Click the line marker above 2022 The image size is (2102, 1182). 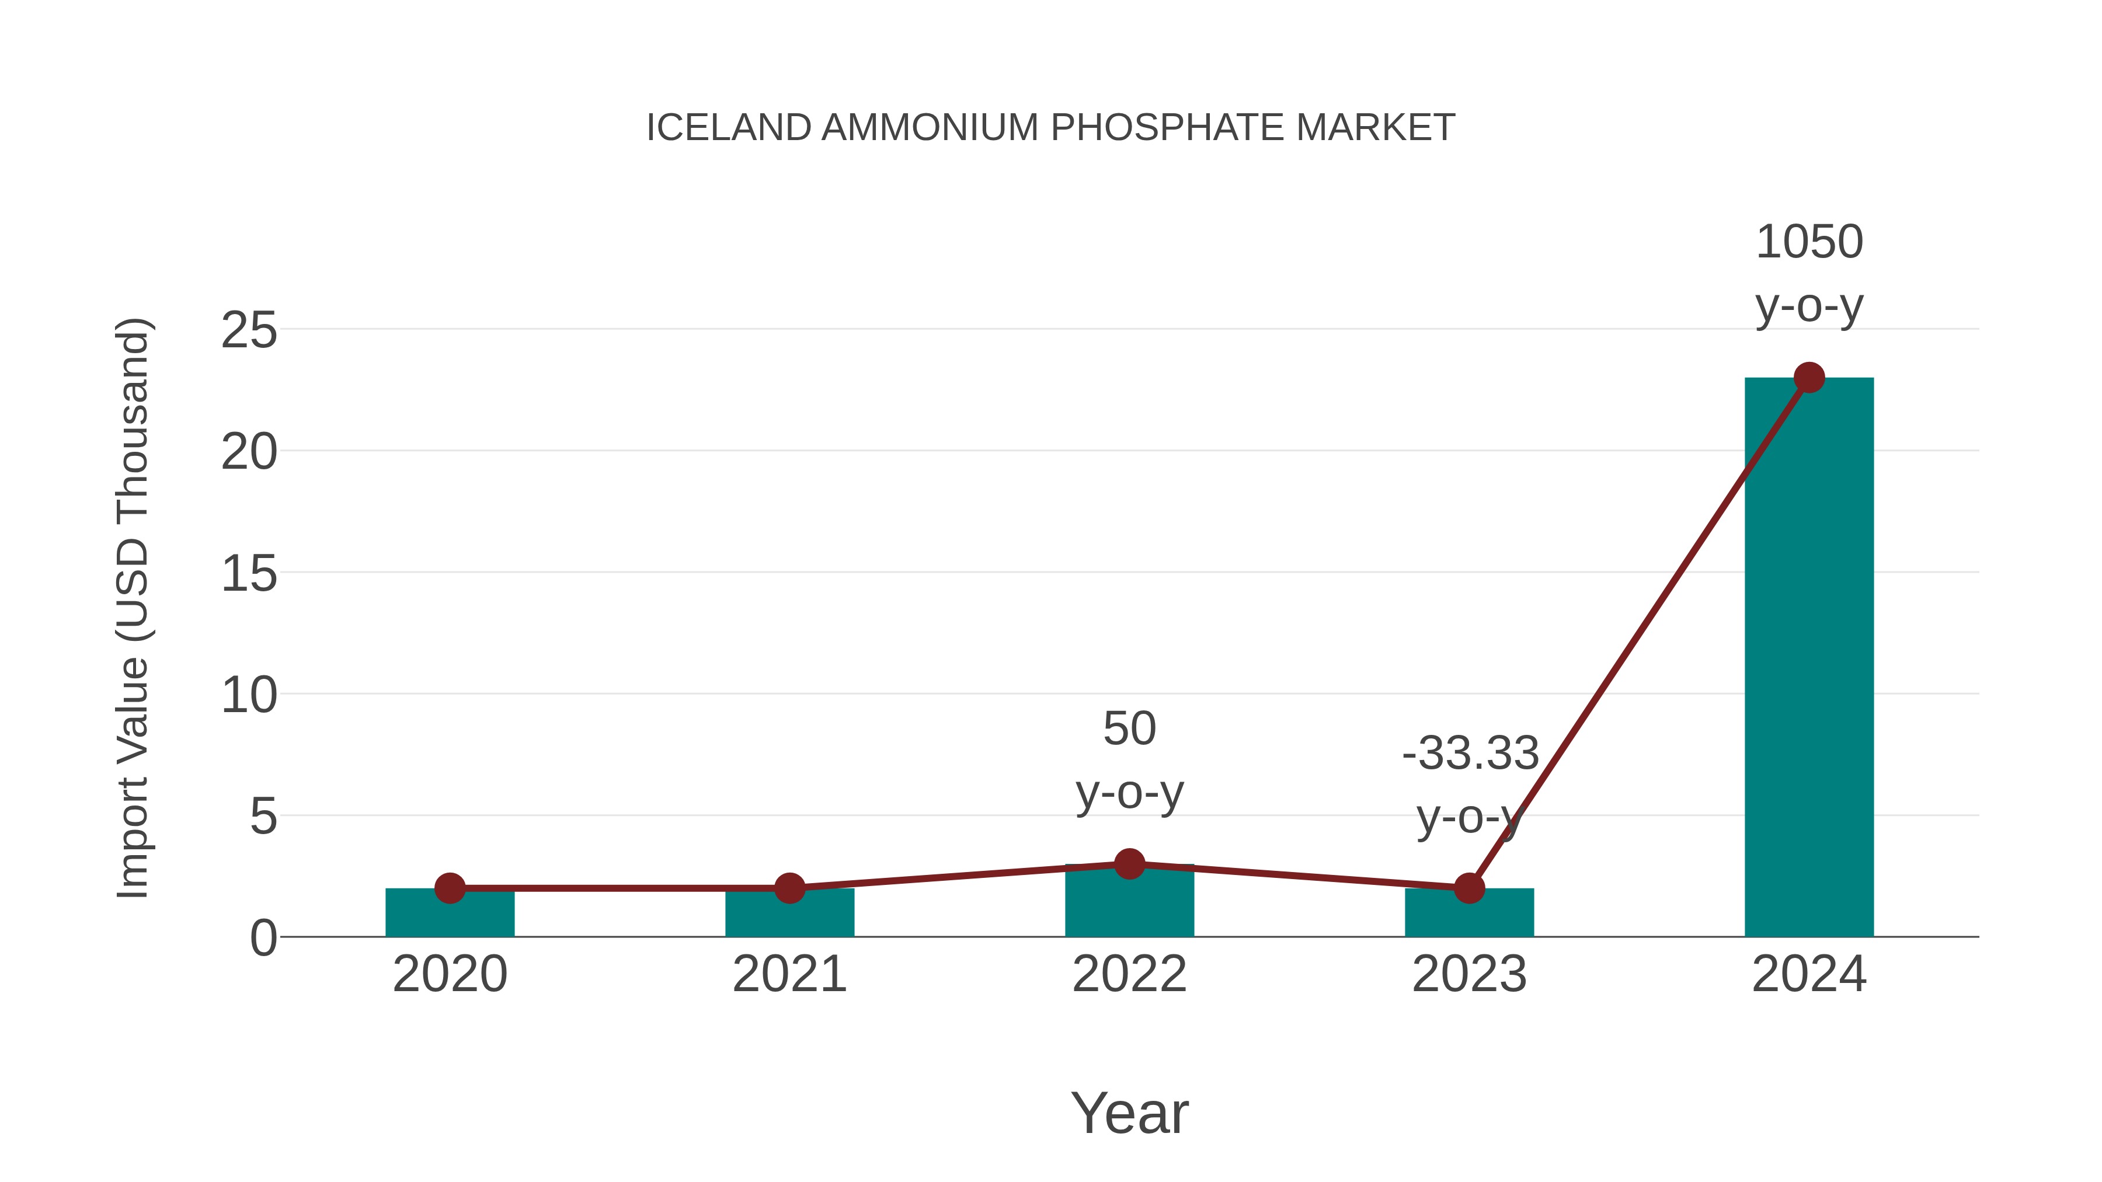[x=1129, y=863]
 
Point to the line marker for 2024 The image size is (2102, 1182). [x=1809, y=378]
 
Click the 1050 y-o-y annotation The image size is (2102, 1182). [x=1809, y=274]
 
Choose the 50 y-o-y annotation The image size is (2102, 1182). [x=1129, y=760]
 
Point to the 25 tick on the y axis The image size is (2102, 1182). [x=249, y=330]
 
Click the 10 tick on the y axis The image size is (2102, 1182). [x=249, y=695]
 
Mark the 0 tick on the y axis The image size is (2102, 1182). [x=263, y=937]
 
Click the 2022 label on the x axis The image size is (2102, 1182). [x=1129, y=974]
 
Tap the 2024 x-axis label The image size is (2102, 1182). [x=1809, y=974]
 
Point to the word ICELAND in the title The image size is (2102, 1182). [x=728, y=127]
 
